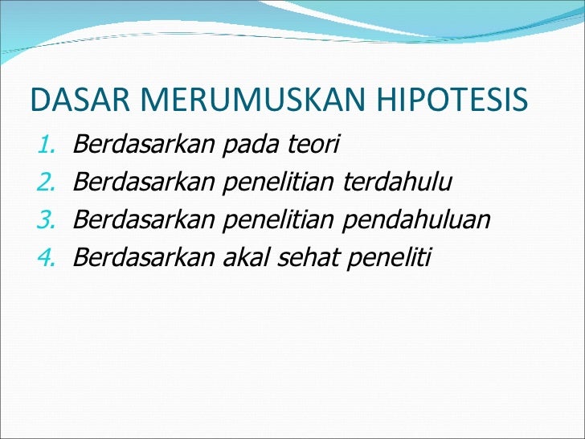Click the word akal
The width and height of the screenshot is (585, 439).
click(243, 257)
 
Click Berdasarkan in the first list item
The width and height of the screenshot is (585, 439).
click(143, 145)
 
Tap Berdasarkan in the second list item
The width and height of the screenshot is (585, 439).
click(143, 183)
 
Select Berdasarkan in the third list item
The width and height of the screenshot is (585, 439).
click(143, 219)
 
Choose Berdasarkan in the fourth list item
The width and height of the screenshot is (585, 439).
click(143, 257)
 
